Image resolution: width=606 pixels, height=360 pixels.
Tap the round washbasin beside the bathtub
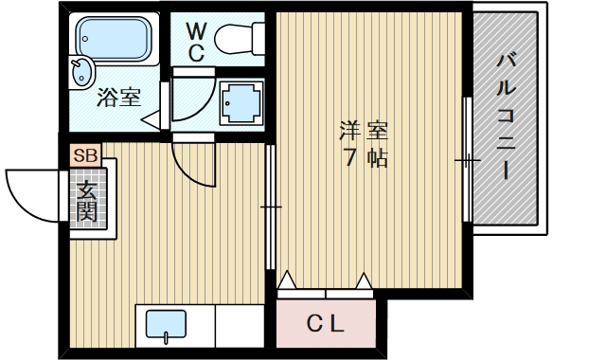coord(81,71)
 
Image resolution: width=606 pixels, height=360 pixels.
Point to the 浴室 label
coord(119,98)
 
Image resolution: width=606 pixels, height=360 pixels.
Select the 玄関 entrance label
coord(86,201)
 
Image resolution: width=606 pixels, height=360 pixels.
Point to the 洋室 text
coord(365,130)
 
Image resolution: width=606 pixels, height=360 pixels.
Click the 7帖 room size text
coord(365,158)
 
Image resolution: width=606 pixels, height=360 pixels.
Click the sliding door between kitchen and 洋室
coord(271,206)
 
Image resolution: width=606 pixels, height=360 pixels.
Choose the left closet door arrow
coord(287,280)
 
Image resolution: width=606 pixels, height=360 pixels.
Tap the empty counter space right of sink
coord(240,326)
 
